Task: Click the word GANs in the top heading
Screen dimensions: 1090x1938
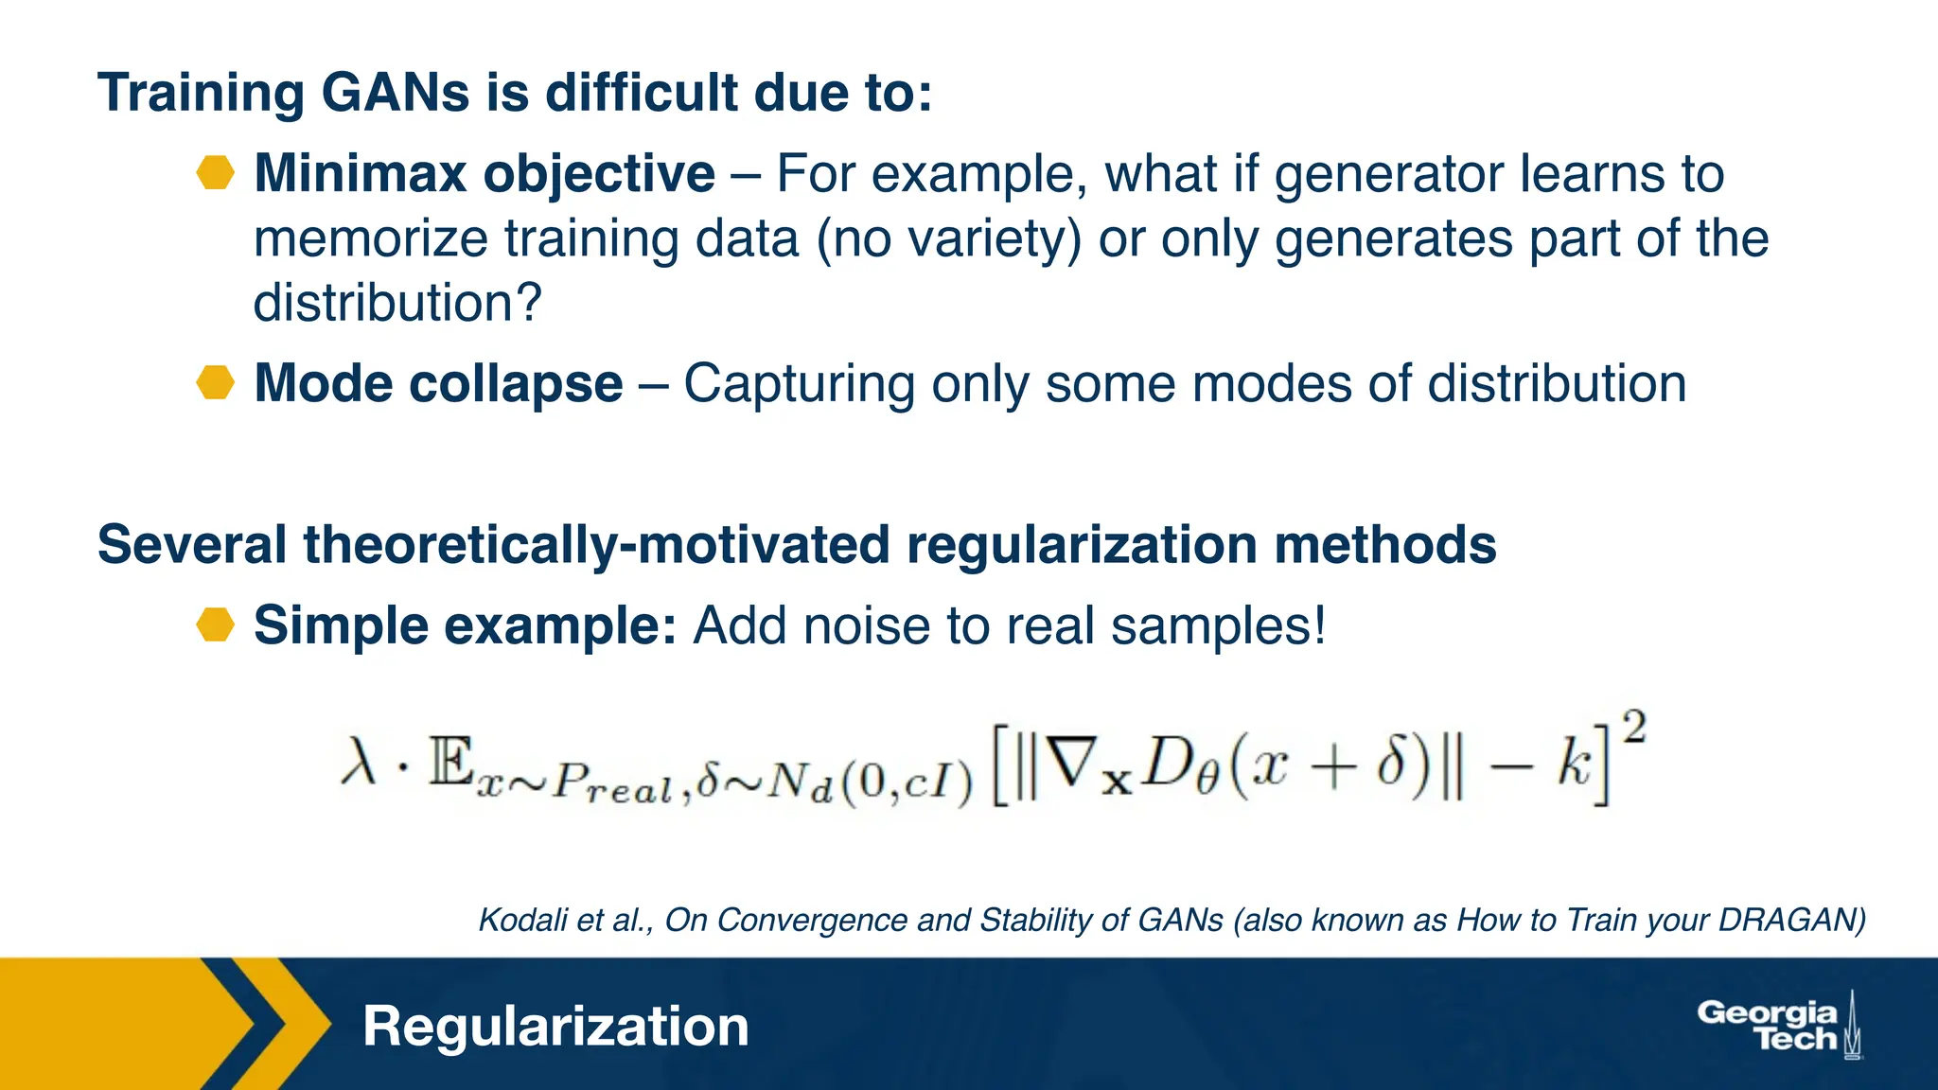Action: tap(395, 93)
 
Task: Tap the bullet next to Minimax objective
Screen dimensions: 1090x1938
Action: tap(216, 173)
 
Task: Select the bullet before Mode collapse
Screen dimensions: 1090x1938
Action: tap(216, 383)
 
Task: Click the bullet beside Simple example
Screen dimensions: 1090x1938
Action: tap(216, 625)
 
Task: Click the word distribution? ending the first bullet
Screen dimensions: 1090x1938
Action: tap(397, 303)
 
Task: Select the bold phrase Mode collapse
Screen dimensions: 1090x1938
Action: tap(438, 383)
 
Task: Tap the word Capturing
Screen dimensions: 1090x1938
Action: tap(800, 385)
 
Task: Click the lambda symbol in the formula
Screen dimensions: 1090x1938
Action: tap(360, 762)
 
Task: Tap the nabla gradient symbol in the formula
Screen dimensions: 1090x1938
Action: tap(1075, 762)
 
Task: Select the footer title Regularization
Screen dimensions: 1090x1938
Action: tap(555, 1027)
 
